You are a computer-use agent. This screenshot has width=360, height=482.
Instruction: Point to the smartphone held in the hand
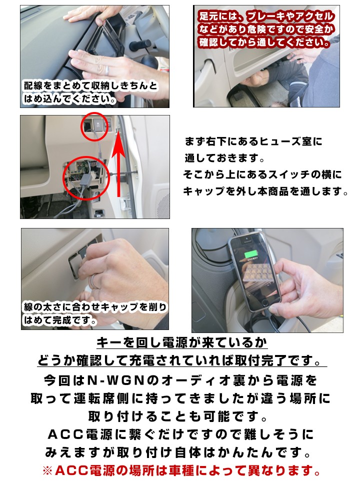(x=255, y=272)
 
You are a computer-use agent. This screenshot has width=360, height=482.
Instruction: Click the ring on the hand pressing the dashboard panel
(x=107, y=70)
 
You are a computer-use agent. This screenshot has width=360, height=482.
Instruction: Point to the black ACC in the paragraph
(x=65, y=434)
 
